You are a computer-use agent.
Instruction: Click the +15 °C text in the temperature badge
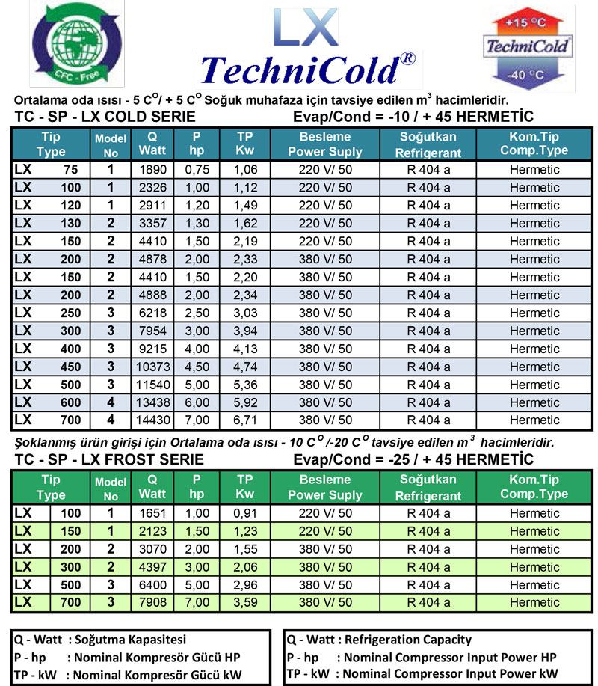[x=528, y=22]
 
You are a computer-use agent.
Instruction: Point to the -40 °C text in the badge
[x=528, y=74]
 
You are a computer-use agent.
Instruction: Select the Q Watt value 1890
[x=152, y=170]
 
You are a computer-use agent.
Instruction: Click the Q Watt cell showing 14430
[x=152, y=420]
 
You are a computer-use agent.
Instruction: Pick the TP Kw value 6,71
[x=245, y=420]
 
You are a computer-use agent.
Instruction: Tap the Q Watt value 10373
[x=152, y=367]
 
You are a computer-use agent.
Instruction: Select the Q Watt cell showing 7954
[x=152, y=331]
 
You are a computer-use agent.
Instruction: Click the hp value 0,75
[x=196, y=170]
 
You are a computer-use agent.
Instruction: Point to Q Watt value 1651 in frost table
[x=152, y=514]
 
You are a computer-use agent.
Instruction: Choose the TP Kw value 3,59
[x=245, y=603]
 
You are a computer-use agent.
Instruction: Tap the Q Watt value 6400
[x=152, y=585]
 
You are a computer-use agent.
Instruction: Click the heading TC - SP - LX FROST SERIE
[x=109, y=459]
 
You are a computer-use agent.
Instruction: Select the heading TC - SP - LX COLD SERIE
[x=105, y=117]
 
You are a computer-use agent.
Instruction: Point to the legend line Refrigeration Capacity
[x=379, y=640]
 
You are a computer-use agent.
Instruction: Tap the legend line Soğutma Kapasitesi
[x=100, y=640]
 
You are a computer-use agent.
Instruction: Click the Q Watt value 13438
[x=152, y=402]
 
